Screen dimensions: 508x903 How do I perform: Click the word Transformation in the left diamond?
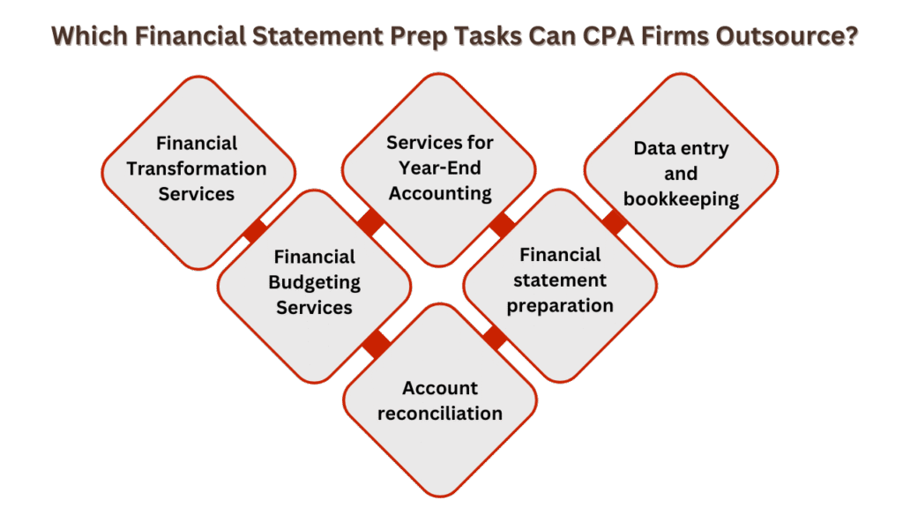click(x=197, y=168)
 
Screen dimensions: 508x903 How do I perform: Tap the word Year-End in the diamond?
click(x=440, y=168)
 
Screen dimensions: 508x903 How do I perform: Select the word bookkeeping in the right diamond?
click(x=681, y=198)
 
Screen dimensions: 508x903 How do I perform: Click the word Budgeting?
click(x=315, y=282)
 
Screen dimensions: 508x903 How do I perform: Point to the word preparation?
click(x=560, y=306)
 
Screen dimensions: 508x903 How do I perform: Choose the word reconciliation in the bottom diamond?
click(x=440, y=413)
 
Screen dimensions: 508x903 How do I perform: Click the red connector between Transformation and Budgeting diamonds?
click(x=255, y=231)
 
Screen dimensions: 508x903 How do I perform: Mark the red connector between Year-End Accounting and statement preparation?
click(x=503, y=224)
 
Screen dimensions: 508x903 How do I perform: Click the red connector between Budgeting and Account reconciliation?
click(x=377, y=343)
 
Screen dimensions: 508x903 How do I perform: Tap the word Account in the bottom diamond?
click(x=440, y=388)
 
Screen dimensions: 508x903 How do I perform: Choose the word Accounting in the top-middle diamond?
click(x=440, y=193)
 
